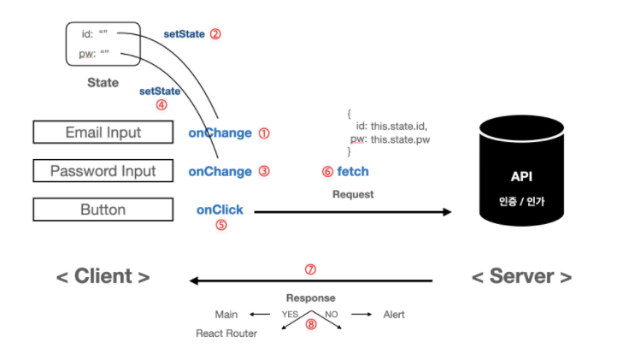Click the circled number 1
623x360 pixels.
click(264, 133)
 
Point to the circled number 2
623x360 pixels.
click(215, 33)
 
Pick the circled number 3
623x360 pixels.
click(264, 171)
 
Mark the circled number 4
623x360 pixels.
click(162, 105)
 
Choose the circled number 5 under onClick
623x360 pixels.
click(221, 225)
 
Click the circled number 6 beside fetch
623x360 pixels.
click(327, 172)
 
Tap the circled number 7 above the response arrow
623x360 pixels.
click(310, 269)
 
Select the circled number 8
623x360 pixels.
click(311, 324)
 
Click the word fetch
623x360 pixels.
click(353, 171)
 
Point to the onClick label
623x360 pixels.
click(220, 210)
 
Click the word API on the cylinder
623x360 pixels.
click(521, 176)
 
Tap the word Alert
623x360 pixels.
click(394, 315)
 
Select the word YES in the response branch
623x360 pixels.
click(290, 315)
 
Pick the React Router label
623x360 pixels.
click(226, 333)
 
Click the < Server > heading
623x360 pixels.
click(521, 276)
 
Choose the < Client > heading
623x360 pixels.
click(103, 276)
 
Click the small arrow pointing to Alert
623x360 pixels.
click(361, 315)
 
